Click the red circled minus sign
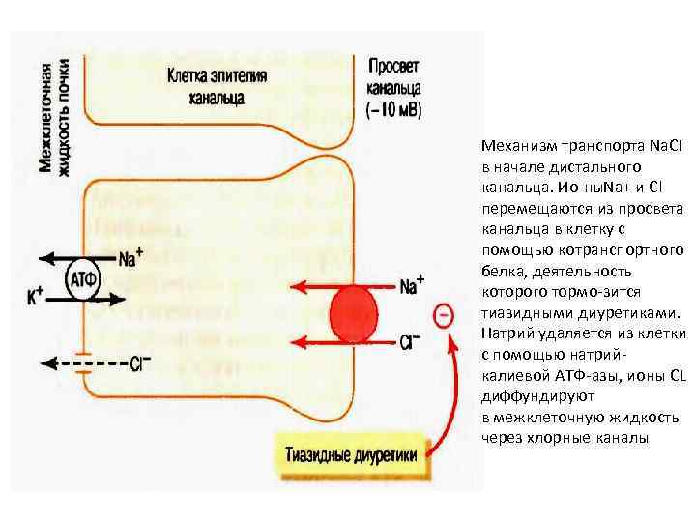pos(444,315)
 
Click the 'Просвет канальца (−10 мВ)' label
pos(393,87)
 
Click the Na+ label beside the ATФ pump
pos(132,258)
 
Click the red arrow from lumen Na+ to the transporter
pos(310,287)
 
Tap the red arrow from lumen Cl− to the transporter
pos(310,341)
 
